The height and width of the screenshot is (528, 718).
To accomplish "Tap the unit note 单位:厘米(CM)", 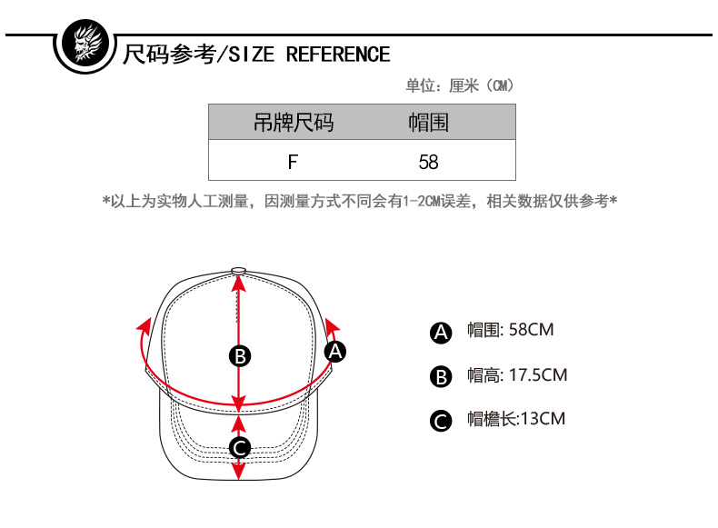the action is (460, 86).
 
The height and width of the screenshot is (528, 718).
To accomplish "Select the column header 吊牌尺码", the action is (293, 123).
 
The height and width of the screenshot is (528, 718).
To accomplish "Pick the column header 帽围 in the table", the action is (428, 123).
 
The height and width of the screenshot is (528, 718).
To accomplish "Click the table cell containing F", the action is (293, 162).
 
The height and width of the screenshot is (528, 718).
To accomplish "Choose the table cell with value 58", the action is (428, 162).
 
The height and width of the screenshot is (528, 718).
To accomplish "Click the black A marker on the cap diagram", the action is (335, 351).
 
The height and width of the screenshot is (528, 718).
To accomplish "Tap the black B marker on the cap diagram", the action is (239, 355).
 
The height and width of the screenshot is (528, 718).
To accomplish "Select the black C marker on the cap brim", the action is (239, 447).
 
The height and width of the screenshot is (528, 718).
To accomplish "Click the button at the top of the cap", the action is (239, 270).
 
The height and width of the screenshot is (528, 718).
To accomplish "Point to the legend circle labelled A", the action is (441, 333).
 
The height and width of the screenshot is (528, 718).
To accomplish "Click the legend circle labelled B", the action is (441, 376).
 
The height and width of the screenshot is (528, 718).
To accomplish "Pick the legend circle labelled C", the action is (441, 421).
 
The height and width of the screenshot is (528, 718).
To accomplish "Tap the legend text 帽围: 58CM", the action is (510, 330).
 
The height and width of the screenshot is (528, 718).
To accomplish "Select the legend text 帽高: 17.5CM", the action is (516, 374).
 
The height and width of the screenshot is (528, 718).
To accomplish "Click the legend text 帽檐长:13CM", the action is (515, 419).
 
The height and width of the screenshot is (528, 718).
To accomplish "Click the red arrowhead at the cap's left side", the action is (143, 324).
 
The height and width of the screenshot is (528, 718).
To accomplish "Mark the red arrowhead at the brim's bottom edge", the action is (239, 473).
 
